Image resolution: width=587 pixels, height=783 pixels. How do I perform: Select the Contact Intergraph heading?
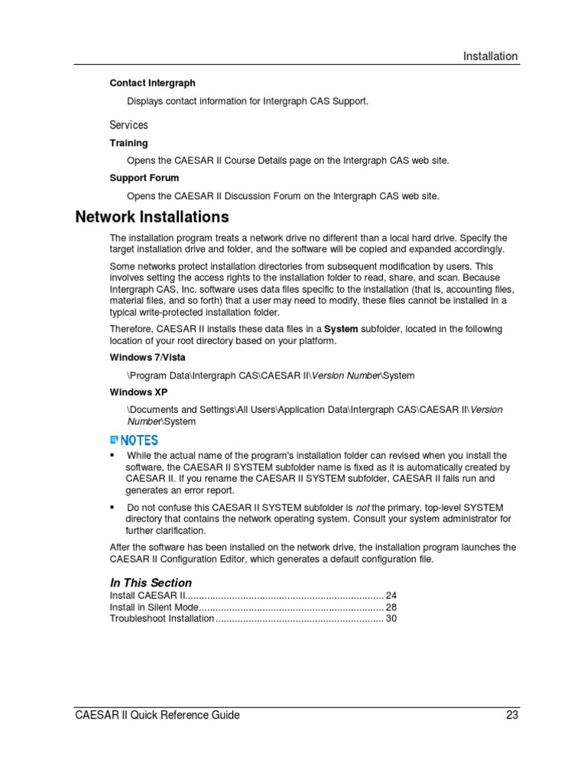coord(152,83)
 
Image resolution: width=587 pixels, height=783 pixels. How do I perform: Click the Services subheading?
coord(128,125)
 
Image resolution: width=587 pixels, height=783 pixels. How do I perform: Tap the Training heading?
coord(128,143)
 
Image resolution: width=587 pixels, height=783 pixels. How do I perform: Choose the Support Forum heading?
coord(144,178)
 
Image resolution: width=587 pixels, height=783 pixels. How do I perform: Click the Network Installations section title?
coord(152,217)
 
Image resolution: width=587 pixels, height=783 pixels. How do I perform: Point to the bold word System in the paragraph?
coord(341,330)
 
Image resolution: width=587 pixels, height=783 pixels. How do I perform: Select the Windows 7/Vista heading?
coord(147,358)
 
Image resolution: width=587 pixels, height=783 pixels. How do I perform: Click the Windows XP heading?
coord(138,392)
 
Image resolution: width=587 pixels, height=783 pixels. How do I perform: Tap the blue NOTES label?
coord(139,440)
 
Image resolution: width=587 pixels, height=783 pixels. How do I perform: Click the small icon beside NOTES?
coord(115,440)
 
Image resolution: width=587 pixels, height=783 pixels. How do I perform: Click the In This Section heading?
coord(151,583)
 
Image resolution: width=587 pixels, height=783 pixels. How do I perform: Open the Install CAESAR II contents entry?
coord(148,596)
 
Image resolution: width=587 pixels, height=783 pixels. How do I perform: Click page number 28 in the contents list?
coord(391,607)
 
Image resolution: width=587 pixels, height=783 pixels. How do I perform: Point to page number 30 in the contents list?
coord(391,619)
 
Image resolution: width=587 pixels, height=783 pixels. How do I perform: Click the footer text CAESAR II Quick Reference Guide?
coord(157,716)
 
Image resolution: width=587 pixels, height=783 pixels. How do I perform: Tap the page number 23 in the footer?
coord(511,716)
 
